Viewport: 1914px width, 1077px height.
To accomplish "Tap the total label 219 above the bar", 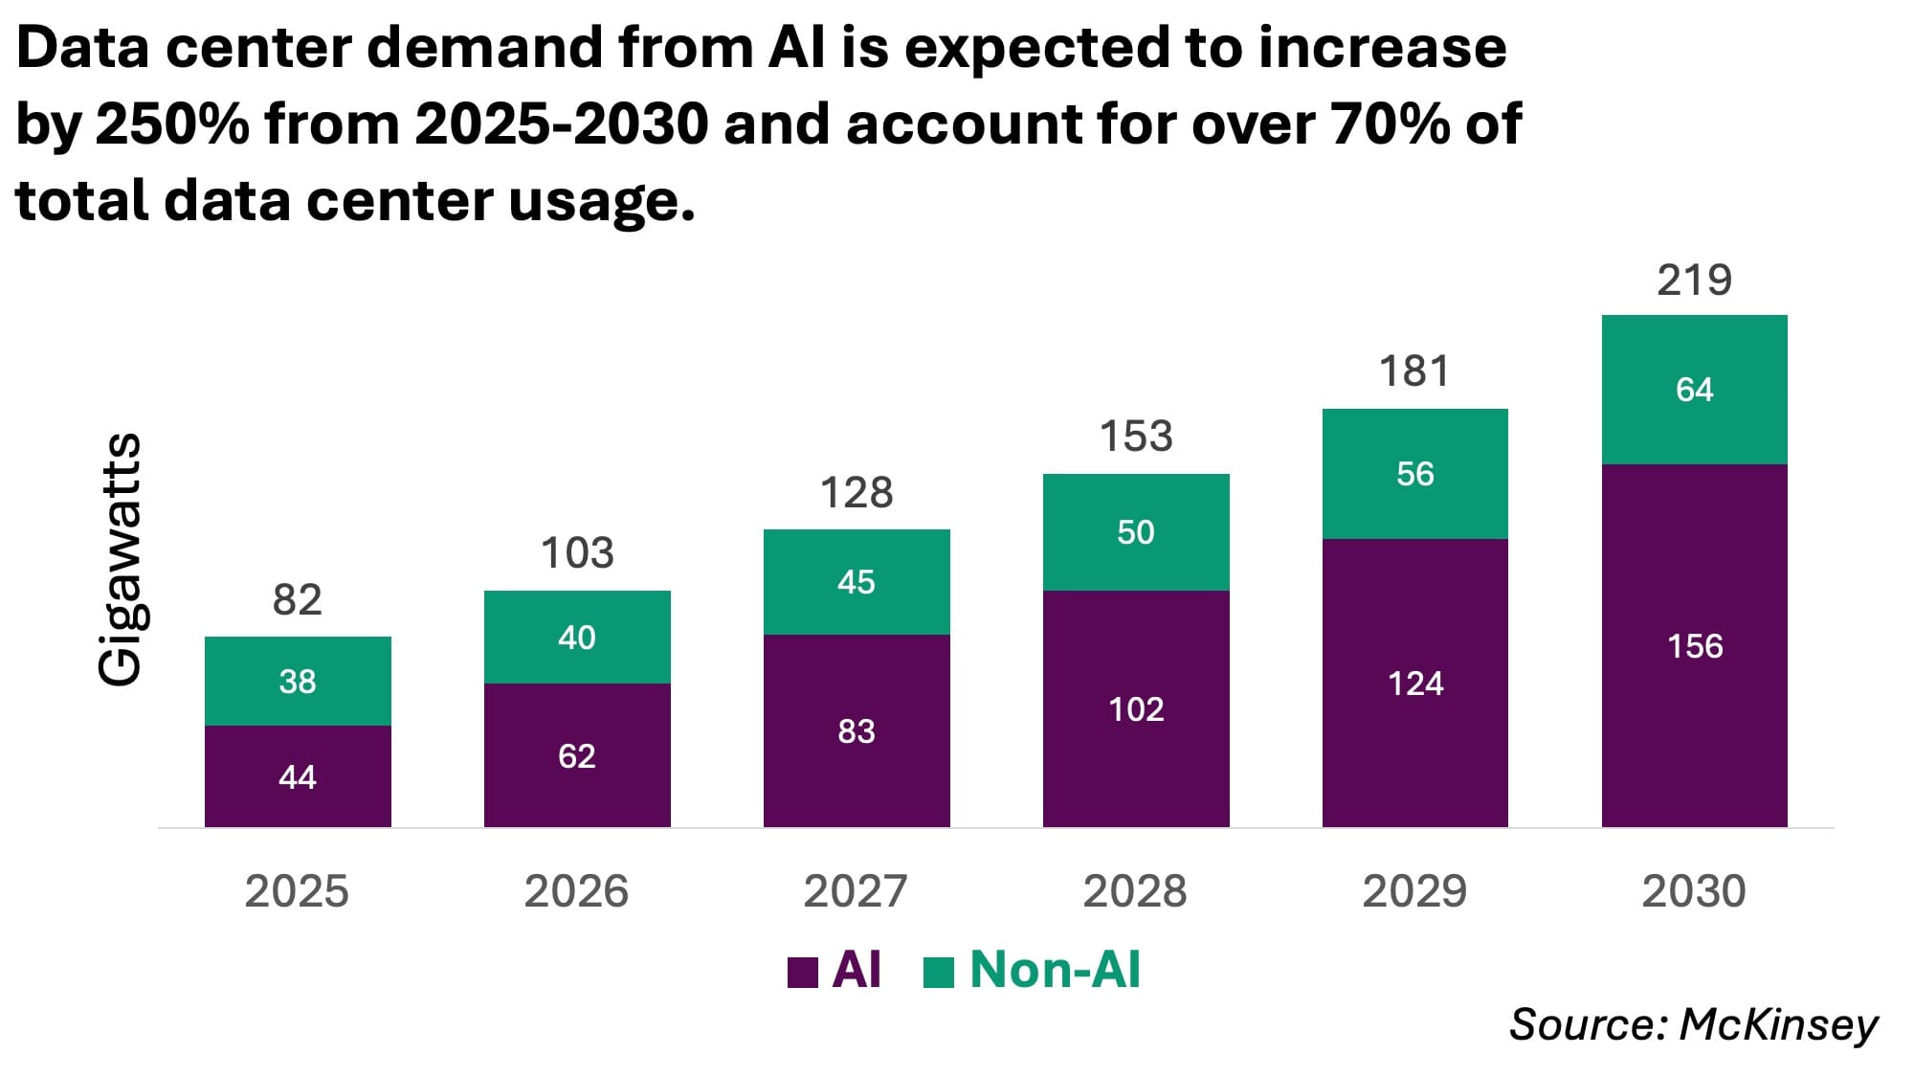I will [x=1694, y=280].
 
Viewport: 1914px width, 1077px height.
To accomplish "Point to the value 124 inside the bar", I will [x=1414, y=684].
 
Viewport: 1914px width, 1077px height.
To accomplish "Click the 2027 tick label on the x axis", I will [x=856, y=891].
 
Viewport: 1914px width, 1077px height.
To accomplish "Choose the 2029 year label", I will [x=1414, y=891].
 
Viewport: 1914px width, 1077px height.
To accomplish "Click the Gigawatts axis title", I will [x=121, y=559].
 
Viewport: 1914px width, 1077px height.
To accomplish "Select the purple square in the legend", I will [x=802, y=972].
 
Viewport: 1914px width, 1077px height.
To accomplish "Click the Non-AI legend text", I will [x=1055, y=970].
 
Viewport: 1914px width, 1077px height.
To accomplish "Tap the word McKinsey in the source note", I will [x=1779, y=1024].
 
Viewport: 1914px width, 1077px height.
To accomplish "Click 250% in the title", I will [x=172, y=124].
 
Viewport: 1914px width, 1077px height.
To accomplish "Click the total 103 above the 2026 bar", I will [x=577, y=553].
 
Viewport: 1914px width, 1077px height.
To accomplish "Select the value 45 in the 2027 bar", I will [x=856, y=582].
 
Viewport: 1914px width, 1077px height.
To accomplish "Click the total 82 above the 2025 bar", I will [x=298, y=600].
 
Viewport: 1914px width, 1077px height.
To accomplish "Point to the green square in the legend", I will [x=939, y=972].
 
